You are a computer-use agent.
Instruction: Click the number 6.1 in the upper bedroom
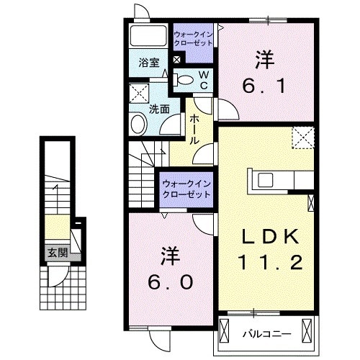[x=264, y=86]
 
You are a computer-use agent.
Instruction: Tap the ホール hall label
[x=195, y=132]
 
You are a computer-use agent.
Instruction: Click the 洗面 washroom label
[x=159, y=109]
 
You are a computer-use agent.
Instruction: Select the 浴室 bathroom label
[x=149, y=63]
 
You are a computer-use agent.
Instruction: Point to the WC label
[x=204, y=79]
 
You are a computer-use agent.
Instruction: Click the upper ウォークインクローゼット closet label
[x=194, y=37]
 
